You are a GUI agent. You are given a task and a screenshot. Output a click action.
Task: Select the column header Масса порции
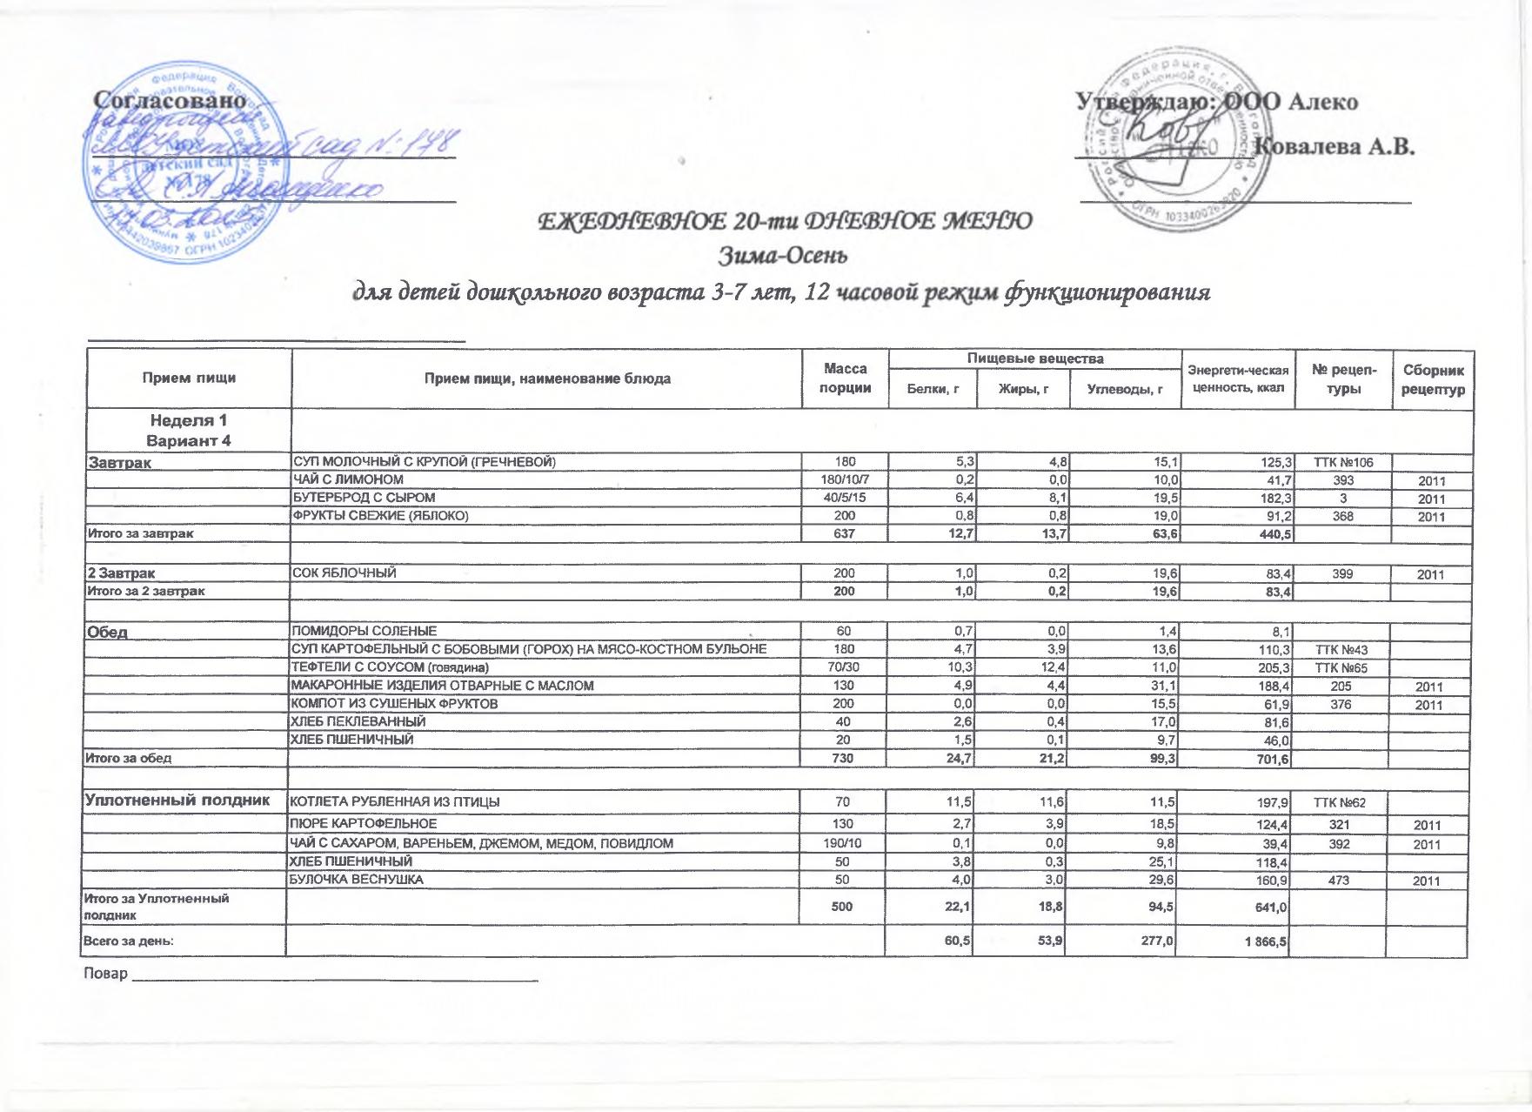pyautogui.click(x=846, y=378)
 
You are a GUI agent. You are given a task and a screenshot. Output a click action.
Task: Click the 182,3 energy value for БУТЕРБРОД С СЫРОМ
pyautogui.click(x=1270, y=499)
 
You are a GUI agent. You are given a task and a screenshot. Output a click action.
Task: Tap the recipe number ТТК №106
pyautogui.click(x=1343, y=462)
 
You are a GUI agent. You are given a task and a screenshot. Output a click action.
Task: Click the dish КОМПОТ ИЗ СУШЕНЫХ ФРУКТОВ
pyautogui.click(x=393, y=703)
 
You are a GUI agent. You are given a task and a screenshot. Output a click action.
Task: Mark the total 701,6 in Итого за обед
pyautogui.click(x=1270, y=760)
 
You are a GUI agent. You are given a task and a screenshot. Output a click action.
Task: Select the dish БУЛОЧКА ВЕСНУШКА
pyautogui.click(x=356, y=880)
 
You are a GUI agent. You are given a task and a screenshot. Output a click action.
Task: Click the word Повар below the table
pyautogui.click(x=104, y=973)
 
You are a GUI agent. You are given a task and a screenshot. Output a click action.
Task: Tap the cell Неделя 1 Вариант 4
pyautogui.click(x=189, y=431)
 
